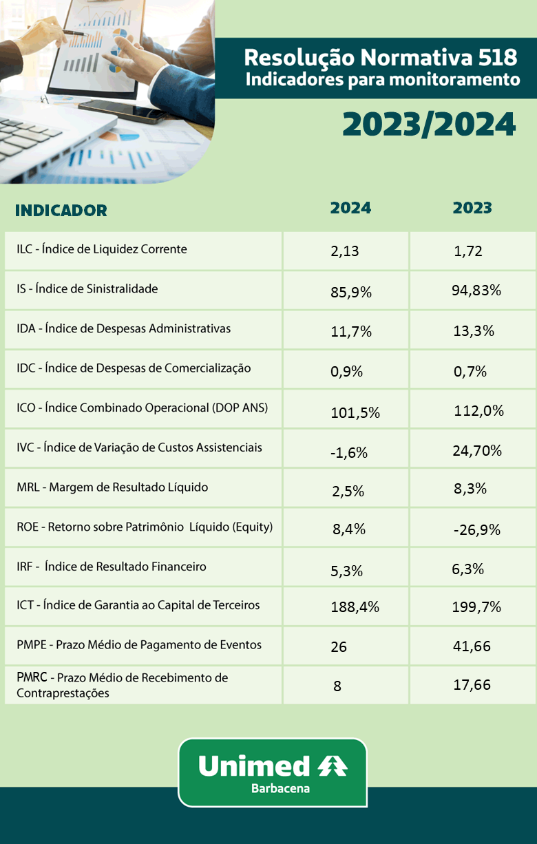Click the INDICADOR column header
(61, 210)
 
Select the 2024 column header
(350, 208)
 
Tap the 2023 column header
(472, 208)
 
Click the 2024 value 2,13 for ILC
(345, 251)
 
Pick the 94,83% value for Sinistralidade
(476, 290)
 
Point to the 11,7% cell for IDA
(351, 332)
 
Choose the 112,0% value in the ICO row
(478, 411)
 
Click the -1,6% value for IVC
(349, 452)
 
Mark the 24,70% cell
(477, 451)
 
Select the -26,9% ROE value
(477, 530)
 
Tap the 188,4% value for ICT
(355, 606)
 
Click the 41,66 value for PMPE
(472, 646)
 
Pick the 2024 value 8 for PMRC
(337, 686)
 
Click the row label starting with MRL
(112, 487)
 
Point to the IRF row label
(112, 567)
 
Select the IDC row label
(134, 368)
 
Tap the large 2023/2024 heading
(429, 125)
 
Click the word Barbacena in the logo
(280, 788)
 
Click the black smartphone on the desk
(123, 112)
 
